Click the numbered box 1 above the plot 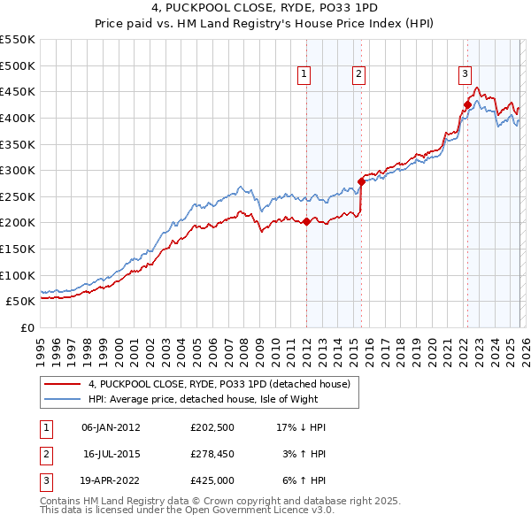(304, 75)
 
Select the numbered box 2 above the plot (358, 75)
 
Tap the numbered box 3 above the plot (465, 75)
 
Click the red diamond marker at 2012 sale (306, 222)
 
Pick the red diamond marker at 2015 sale (361, 182)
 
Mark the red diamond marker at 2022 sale (467, 104)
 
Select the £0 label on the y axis (27, 327)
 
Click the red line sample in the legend (63, 384)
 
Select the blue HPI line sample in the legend (63, 399)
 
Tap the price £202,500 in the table (211, 427)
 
